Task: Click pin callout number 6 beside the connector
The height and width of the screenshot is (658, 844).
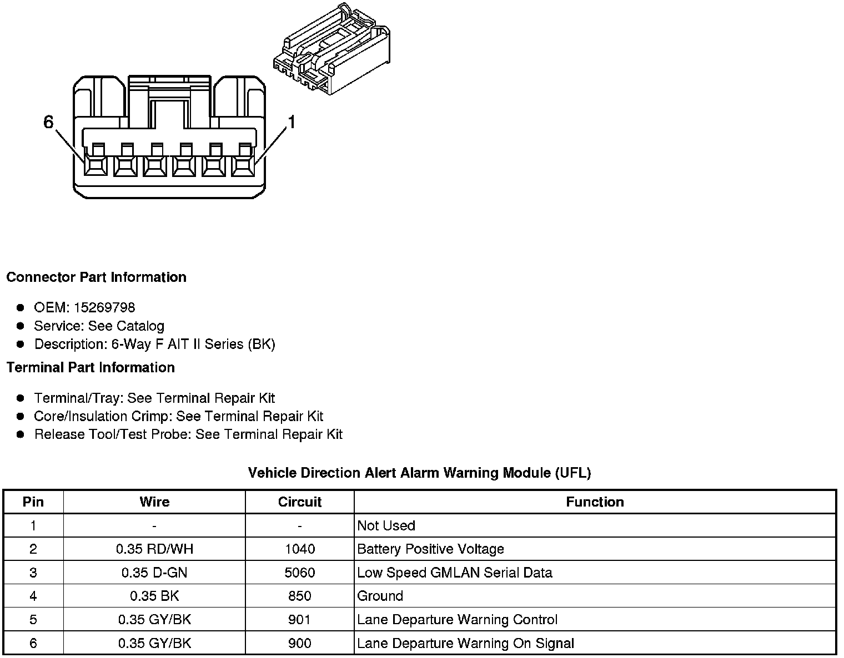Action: coord(49,122)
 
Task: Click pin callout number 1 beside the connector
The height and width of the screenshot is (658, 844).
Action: coord(291,122)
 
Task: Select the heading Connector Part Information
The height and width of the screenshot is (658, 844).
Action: coord(96,277)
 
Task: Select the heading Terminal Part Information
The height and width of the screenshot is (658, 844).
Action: coord(91,367)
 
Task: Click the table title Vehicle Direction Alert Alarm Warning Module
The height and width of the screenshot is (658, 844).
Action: coord(419,473)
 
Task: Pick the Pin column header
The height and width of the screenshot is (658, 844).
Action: coord(33,502)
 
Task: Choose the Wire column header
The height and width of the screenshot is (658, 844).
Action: coord(154,502)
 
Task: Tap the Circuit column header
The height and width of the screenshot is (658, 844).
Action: coord(300,502)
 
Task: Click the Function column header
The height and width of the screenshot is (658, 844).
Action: coord(595,502)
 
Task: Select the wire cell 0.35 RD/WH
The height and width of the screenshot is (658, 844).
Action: coord(154,549)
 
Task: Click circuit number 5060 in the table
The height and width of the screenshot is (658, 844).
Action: coord(300,573)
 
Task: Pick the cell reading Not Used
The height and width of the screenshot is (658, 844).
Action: coord(386,525)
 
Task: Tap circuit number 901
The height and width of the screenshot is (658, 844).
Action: coord(300,620)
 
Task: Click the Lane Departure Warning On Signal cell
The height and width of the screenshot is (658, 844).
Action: coord(465,643)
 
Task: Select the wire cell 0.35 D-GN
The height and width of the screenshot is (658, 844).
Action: coord(154,573)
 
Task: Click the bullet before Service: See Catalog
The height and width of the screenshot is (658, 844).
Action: coord(21,326)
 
